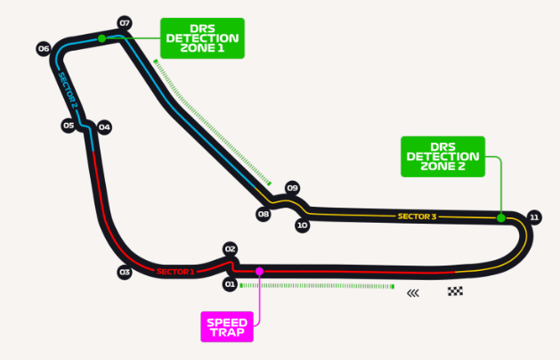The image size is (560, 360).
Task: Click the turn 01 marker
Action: tap(229, 284)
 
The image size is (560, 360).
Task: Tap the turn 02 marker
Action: tap(229, 250)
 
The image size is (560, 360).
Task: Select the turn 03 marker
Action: tap(124, 272)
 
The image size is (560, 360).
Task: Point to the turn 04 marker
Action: tap(104, 127)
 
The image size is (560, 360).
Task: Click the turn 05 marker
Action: tap(69, 126)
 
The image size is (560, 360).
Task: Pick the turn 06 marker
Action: tap(42, 48)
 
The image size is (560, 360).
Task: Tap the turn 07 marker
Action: tap(124, 22)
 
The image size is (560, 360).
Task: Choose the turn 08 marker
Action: tap(263, 214)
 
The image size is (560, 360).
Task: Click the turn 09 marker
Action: tap(292, 187)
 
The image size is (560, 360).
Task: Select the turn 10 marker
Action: tap(303, 225)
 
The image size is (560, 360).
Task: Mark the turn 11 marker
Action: tap(534, 217)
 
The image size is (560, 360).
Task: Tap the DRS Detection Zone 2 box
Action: tap(442, 156)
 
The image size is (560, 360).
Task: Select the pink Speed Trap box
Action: tap(226, 327)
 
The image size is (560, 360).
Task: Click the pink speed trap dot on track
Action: tap(259, 271)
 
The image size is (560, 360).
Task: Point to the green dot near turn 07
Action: tap(102, 38)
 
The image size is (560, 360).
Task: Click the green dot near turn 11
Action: tap(500, 217)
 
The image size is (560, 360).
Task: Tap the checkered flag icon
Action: tap(456, 291)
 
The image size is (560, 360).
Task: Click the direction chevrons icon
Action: tap(413, 291)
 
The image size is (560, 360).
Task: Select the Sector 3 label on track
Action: tap(417, 216)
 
